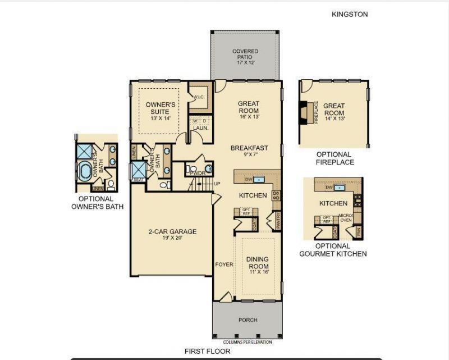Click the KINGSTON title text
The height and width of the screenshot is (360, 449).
(350, 14)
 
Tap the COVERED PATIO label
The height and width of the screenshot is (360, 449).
(245, 54)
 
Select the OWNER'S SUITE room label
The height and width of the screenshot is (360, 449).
(161, 111)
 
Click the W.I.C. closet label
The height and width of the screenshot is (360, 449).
(198, 97)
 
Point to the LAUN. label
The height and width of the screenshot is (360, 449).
(201, 128)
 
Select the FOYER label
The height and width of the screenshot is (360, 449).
(224, 264)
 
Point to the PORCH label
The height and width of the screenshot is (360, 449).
(248, 320)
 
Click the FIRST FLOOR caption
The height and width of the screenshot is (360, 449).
(207, 351)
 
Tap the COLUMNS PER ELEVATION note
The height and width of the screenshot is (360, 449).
(248, 341)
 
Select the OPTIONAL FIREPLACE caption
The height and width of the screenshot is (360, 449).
(335, 158)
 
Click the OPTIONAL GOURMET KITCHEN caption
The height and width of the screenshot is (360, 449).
(333, 250)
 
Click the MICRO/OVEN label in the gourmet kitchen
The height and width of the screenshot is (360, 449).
(346, 218)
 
